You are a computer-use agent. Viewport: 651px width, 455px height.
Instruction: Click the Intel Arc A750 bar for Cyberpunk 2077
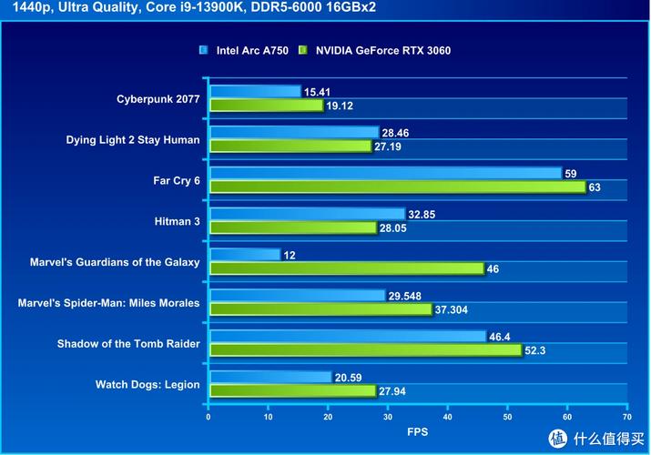pos(255,91)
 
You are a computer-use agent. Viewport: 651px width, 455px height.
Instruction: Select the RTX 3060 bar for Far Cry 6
pos(397,187)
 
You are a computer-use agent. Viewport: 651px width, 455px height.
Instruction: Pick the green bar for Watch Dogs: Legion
pos(292,391)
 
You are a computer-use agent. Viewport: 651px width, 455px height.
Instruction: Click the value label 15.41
pos(318,92)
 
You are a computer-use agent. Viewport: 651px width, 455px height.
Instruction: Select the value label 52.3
pos(537,350)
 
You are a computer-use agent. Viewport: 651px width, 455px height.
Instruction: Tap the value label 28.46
pos(395,133)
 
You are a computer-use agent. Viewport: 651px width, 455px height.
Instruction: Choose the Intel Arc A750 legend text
pos(252,51)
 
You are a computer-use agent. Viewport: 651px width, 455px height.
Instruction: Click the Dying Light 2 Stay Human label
pos(133,140)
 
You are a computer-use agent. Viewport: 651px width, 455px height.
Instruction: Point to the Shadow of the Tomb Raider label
pos(128,343)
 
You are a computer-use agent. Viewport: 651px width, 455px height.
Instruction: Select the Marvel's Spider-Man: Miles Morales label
pos(108,303)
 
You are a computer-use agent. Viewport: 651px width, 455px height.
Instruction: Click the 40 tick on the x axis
pos(447,417)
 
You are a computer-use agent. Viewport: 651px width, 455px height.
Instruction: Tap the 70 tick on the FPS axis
pos(626,417)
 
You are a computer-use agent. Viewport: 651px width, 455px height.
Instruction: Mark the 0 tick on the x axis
pos(209,417)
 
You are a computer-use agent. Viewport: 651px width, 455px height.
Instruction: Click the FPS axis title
pos(417,432)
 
